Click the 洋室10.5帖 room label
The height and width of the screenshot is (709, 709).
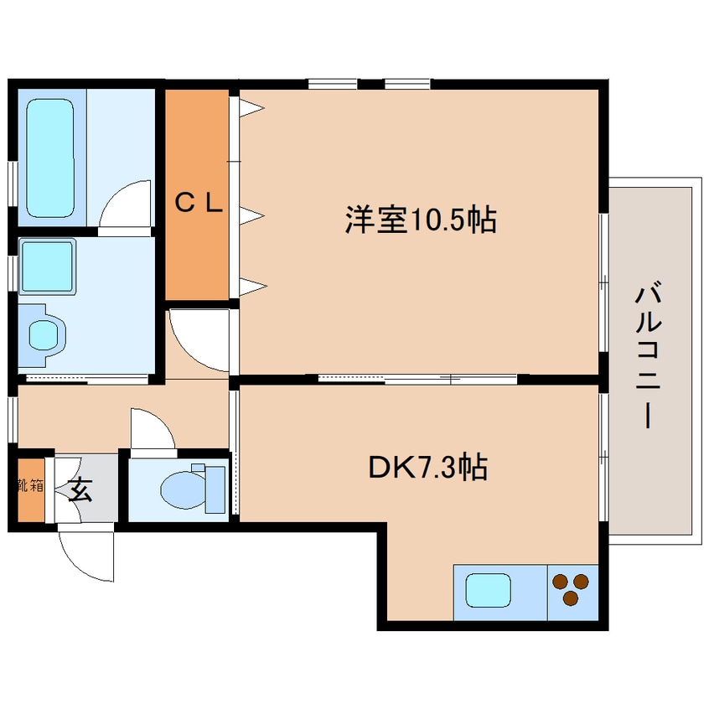pyautogui.click(x=421, y=220)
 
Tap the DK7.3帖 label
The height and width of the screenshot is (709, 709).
pyautogui.click(x=427, y=467)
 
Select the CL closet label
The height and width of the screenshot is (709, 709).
pyautogui.click(x=198, y=202)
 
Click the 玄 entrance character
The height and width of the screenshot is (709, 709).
pyautogui.click(x=80, y=490)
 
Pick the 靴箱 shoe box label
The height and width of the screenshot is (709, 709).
pyautogui.click(x=31, y=485)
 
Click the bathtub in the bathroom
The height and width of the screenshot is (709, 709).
pyautogui.click(x=49, y=158)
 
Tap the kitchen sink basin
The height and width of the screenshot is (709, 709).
pyautogui.click(x=489, y=590)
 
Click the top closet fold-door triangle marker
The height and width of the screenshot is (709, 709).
pyautogui.click(x=251, y=108)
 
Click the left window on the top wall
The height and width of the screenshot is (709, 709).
pyautogui.click(x=333, y=84)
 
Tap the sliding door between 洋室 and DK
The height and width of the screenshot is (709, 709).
pyautogui.click(x=417, y=379)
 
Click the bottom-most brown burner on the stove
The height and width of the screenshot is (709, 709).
pyautogui.click(x=571, y=598)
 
